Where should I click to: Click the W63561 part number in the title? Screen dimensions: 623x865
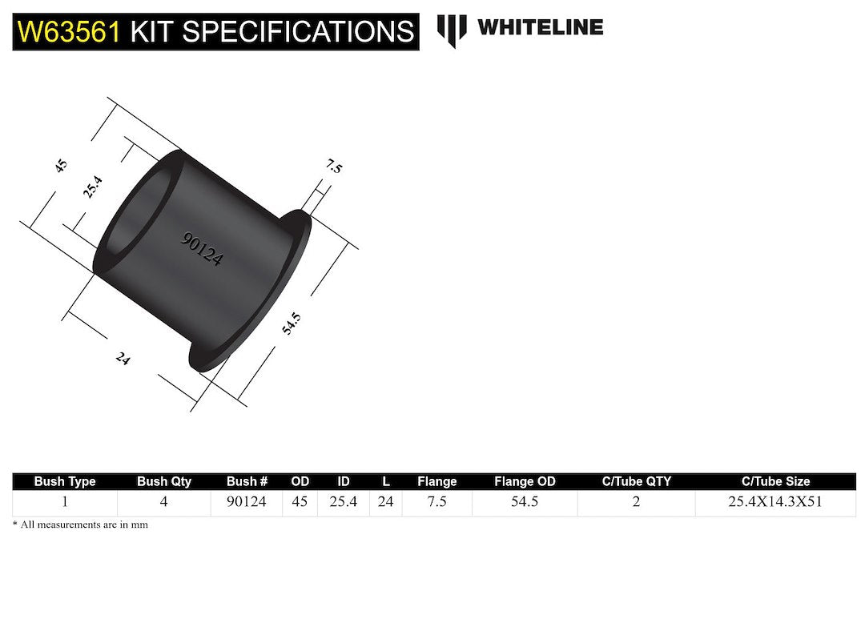tap(69, 32)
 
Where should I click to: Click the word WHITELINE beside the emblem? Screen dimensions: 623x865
tap(540, 27)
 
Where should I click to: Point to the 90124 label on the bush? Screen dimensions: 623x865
tap(202, 249)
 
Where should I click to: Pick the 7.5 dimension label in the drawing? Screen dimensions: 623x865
tap(334, 167)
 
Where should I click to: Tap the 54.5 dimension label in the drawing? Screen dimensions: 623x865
tap(292, 329)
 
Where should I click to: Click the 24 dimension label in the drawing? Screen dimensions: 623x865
tap(123, 359)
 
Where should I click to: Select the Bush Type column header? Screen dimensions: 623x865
tap(65, 481)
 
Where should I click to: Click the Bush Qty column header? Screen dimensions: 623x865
tap(164, 481)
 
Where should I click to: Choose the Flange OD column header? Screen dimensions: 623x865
tap(525, 481)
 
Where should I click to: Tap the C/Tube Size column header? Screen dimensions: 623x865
tap(775, 481)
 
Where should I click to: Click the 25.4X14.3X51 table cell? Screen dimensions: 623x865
tap(775, 503)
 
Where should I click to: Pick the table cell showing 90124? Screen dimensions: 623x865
tap(247, 503)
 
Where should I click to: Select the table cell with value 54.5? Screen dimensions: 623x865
tap(525, 503)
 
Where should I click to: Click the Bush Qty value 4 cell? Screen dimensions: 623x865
tap(164, 503)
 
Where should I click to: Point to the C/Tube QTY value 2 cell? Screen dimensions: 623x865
tap(636, 503)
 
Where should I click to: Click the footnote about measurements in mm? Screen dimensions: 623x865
tap(80, 525)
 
